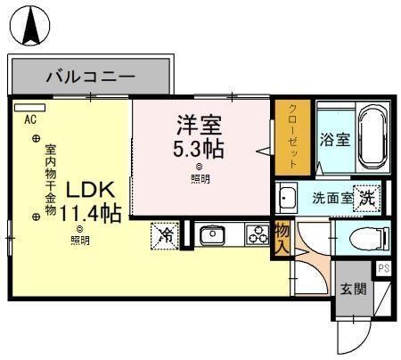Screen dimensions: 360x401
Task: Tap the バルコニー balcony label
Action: (x=90, y=74)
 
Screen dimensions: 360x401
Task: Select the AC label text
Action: (x=29, y=119)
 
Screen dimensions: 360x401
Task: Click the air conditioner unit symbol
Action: (x=28, y=106)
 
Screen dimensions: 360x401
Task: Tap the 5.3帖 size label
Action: (x=198, y=147)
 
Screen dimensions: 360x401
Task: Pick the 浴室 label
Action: (x=336, y=141)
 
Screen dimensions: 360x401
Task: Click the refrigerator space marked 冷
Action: (x=165, y=236)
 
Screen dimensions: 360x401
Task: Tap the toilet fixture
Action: (x=366, y=239)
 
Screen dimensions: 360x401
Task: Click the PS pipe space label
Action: (x=384, y=268)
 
